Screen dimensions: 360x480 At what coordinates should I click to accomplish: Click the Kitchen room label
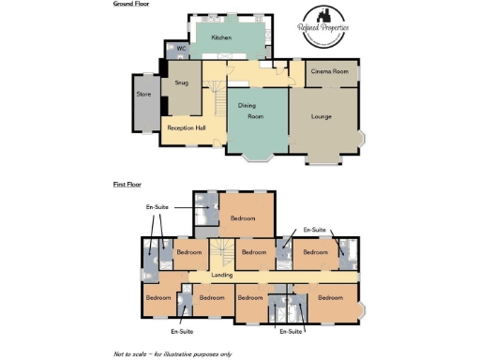click(x=221, y=37)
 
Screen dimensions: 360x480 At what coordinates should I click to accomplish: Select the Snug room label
click(x=182, y=82)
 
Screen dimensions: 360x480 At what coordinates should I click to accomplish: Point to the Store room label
click(x=143, y=93)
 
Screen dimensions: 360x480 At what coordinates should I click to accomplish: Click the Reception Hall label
click(x=187, y=127)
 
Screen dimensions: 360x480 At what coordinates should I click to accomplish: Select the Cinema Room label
click(x=330, y=71)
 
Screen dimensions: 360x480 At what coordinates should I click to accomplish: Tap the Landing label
click(x=222, y=275)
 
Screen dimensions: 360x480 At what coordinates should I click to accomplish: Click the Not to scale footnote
click(x=172, y=354)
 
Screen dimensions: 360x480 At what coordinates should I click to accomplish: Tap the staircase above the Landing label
click(x=221, y=252)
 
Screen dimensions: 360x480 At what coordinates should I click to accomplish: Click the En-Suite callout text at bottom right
click(x=291, y=332)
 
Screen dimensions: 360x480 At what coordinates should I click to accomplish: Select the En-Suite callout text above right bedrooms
click(x=311, y=229)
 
